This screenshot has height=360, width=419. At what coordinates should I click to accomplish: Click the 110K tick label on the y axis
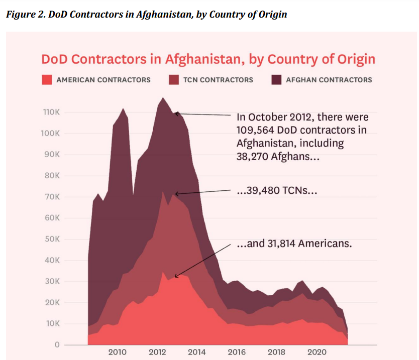(51, 112)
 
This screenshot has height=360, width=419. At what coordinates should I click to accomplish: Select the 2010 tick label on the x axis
(117, 352)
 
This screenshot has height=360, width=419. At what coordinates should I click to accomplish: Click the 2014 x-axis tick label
(196, 352)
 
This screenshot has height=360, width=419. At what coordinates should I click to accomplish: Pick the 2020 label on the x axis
(316, 352)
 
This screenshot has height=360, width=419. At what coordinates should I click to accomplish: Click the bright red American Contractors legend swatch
(47, 79)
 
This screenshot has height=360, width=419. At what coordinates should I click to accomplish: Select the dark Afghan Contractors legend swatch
(276, 79)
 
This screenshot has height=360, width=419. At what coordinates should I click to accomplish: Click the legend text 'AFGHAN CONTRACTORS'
(329, 80)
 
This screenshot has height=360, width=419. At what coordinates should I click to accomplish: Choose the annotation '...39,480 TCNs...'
(276, 192)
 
